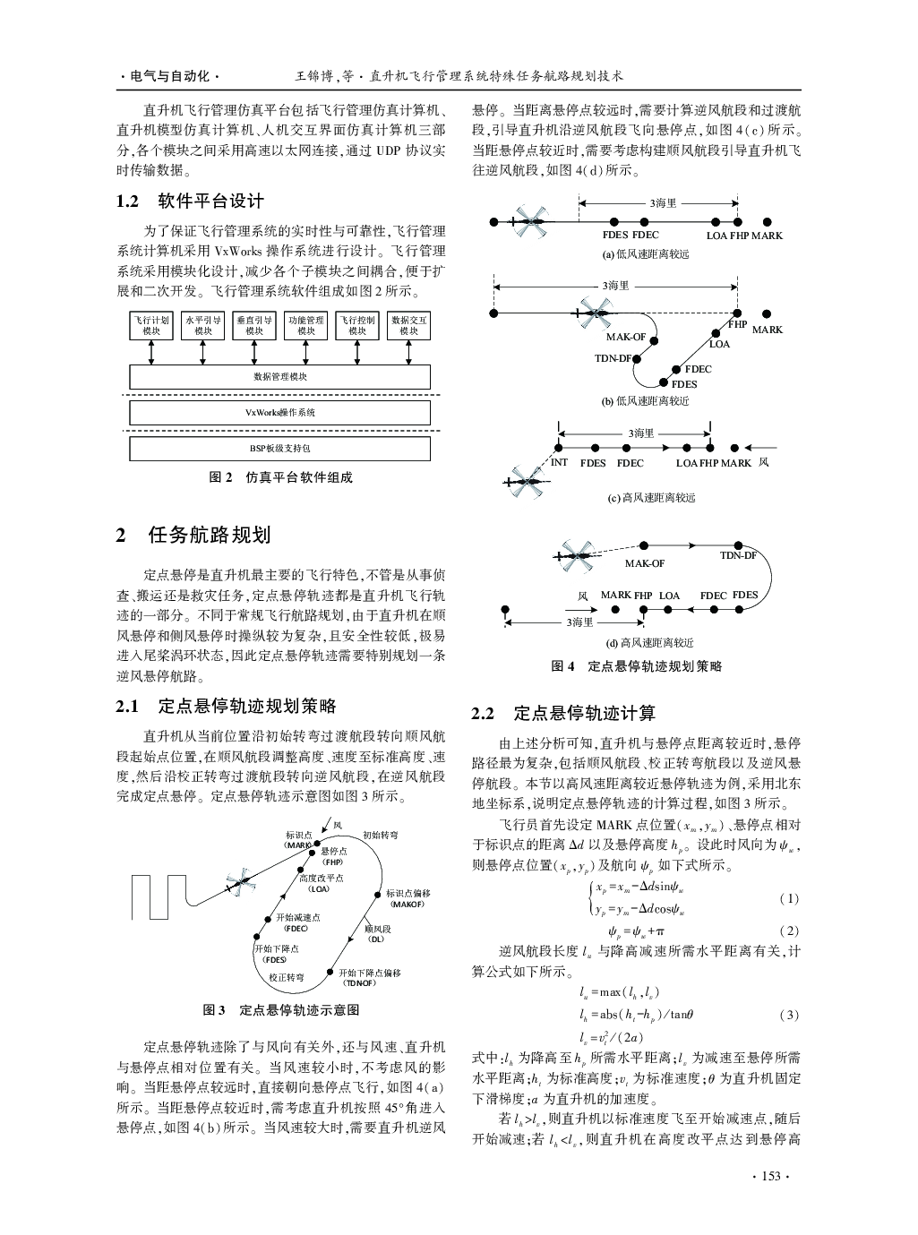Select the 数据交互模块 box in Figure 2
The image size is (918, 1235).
pos(409,325)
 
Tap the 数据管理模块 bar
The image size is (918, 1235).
pos(279,377)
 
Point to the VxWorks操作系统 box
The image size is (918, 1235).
pos(279,413)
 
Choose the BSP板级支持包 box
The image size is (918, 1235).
pos(279,447)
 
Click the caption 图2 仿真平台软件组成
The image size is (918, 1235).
pos(281,477)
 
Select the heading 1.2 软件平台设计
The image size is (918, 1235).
pos(191,201)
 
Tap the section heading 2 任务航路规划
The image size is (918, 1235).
pos(193,536)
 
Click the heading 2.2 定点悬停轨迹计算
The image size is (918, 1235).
pos(564,713)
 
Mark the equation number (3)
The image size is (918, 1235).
pos(788,1015)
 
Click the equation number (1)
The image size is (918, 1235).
pos(788,898)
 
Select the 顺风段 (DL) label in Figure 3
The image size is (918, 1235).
pos(377,933)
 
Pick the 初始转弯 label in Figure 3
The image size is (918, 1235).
pos(381,835)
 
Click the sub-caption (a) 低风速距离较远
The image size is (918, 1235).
pos(646,253)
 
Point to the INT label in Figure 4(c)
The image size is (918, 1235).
pos(559,463)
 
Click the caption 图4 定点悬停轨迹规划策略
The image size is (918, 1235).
pos(637,665)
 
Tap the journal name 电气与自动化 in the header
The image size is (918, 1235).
pos(169,77)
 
